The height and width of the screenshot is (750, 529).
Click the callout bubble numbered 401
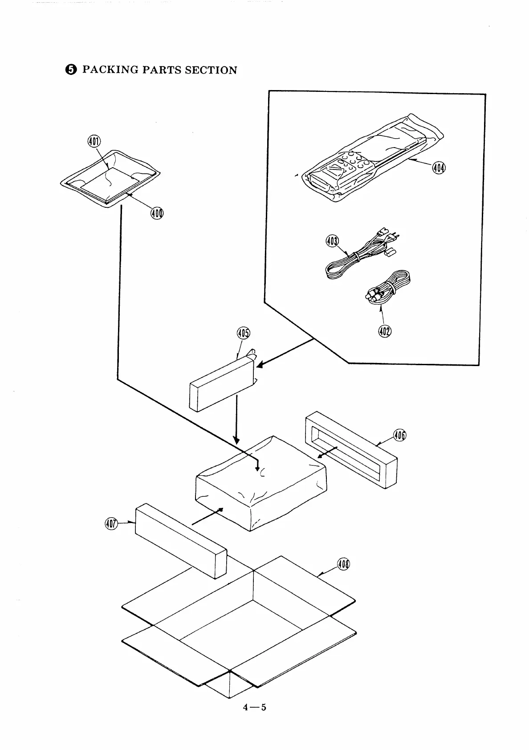point(94,142)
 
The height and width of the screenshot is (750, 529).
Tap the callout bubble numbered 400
point(157,213)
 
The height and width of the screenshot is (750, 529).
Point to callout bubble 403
point(332,242)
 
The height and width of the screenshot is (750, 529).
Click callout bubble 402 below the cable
point(385,331)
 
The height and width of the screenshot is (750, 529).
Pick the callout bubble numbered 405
point(244,333)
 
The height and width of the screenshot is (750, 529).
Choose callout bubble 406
point(400,435)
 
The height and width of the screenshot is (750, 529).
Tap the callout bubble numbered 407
point(111,523)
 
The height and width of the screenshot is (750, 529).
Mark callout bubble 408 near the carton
point(343,564)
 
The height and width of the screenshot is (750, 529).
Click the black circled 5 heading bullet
point(71,70)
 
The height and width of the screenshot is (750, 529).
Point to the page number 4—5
point(254,707)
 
